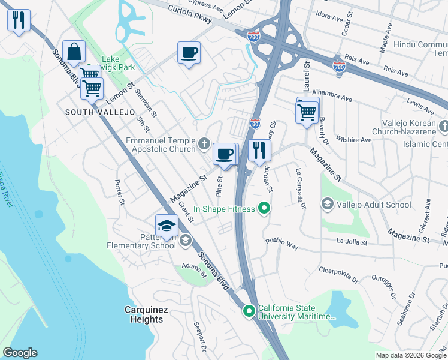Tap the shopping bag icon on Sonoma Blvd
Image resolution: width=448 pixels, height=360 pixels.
74,53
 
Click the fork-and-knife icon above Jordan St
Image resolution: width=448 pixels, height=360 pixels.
259,150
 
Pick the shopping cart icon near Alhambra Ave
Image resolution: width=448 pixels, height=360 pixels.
307,112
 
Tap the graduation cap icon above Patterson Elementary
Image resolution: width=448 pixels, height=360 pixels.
167,226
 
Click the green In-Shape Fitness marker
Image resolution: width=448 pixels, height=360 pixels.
262,209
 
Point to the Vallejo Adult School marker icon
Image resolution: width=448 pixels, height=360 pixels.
328,205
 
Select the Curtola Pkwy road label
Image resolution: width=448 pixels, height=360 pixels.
190,14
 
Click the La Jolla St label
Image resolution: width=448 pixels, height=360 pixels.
351,242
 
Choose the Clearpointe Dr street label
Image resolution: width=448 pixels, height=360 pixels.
338,275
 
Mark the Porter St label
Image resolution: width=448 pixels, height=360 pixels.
119,190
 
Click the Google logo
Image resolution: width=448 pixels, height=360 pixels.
20,353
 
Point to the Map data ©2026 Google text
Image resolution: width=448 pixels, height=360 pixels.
410,355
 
